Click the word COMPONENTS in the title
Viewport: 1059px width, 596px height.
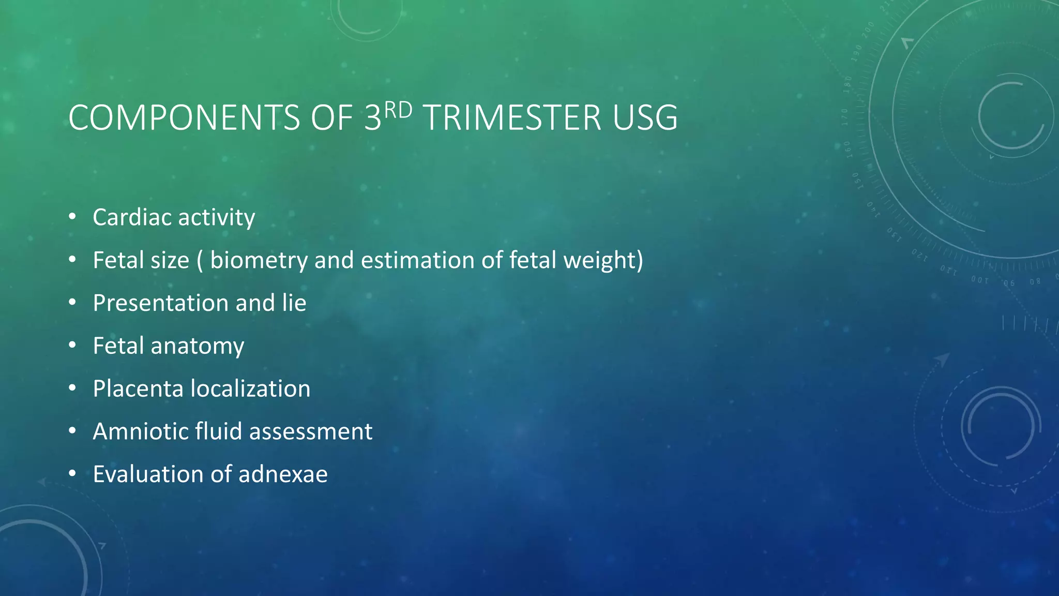point(184,118)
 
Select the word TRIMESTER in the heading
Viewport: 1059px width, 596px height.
point(512,118)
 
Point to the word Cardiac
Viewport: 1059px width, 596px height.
point(131,217)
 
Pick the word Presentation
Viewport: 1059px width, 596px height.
point(160,303)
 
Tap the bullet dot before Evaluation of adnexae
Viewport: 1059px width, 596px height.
point(72,474)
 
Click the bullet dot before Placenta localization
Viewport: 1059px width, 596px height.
point(72,388)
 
